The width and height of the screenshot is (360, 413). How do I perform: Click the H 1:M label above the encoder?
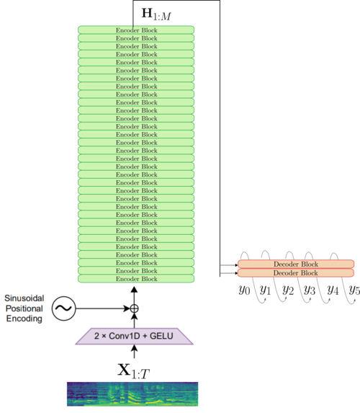156,14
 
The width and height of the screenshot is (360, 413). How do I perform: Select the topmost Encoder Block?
136,30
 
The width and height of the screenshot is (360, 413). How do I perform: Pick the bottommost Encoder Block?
136,279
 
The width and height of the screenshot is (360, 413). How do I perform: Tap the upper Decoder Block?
296,264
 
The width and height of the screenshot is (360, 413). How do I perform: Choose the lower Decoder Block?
296,273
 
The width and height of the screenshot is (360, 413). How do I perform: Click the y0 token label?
244,290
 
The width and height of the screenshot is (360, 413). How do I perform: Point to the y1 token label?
265,290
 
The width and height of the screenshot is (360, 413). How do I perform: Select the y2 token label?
288,290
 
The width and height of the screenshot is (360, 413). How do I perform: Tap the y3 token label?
310,290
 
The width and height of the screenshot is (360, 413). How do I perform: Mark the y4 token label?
333,290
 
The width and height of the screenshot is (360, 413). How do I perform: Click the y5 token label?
354,290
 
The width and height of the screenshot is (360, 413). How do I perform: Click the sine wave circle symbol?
63,308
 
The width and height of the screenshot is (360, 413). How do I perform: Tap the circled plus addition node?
134,308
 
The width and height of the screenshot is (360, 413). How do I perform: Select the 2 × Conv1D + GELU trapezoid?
134,336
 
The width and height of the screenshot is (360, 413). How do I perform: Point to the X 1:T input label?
133,371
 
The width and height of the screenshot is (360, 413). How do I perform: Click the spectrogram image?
132,394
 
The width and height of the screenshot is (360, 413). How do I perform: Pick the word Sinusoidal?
24,298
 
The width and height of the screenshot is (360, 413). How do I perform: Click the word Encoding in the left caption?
24,319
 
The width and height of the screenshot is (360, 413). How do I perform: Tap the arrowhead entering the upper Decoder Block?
236,265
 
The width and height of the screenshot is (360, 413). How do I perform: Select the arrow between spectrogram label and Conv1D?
134,352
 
